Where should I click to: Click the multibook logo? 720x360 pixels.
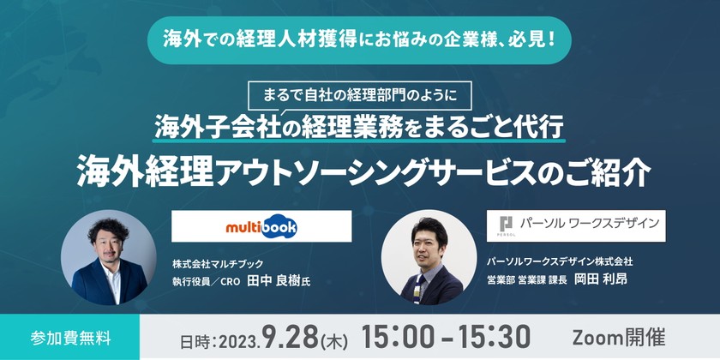261,226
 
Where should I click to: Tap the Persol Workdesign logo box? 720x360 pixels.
575,225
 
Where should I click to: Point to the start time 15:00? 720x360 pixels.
404,336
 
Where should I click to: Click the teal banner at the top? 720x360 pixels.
359,39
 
